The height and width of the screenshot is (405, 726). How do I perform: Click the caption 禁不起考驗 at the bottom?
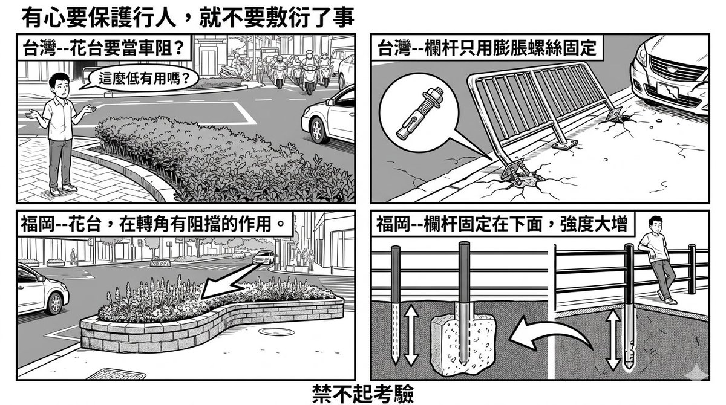pyautogui.click(x=363, y=394)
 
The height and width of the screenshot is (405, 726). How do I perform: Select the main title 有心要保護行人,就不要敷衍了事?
pyautogui.click(x=188, y=18)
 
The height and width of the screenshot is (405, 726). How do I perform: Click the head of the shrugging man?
pyautogui.click(x=60, y=84)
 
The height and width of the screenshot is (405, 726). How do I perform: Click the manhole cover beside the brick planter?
pyautogui.click(x=276, y=331)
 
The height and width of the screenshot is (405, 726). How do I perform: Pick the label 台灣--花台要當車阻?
pyautogui.click(x=103, y=48)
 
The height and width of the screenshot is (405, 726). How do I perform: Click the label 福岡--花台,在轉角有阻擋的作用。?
pyautogui.click(x=154, y=224)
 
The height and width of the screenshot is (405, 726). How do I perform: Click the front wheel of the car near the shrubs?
pyautogui.click(x=319, y=130)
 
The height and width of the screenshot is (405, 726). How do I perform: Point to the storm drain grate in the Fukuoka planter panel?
pyautogui.click(x=117, y=374)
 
